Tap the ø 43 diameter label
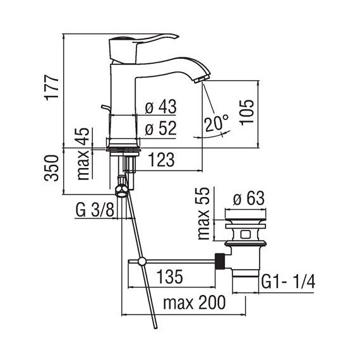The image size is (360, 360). [x=160, y=108]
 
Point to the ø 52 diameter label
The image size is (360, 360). [x=160, y=129]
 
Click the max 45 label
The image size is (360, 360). [x=83, y=153]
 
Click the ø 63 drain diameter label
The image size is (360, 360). [x=248, y=199]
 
